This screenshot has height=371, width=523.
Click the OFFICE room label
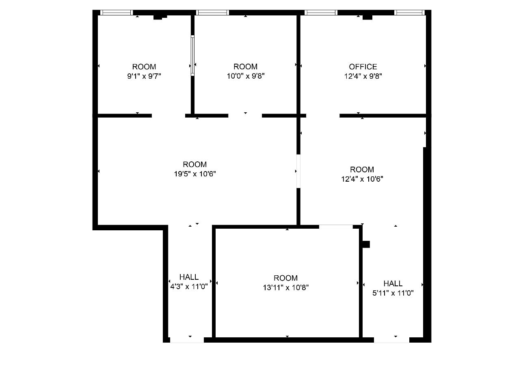click(363, 66)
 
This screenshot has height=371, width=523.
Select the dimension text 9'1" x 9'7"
click(144, 76)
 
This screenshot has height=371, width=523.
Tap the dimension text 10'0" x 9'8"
click(245, 76)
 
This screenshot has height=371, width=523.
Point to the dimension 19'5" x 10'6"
click(195, 174)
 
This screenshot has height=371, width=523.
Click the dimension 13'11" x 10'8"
click(285, 287)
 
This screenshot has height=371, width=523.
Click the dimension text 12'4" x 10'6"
click(362, 179)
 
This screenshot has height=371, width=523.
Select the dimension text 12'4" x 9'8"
click(363, 76)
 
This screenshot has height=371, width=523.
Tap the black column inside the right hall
click(366, 244)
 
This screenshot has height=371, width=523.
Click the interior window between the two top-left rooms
click(192, 56)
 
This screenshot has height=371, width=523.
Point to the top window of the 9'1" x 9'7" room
click(117, 13)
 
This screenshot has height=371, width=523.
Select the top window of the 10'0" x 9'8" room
click(212, 13)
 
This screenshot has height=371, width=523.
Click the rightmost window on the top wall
click(409, 13)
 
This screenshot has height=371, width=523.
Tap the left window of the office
click(321, 13)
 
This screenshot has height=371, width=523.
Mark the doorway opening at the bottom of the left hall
click(187, 340)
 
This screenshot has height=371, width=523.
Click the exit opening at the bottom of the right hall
click(391, 340)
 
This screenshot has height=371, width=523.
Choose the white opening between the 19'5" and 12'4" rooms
click(298, 171)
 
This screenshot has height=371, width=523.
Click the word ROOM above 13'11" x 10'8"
click(285, 278)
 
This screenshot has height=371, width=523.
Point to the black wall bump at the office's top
click(367, 17)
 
